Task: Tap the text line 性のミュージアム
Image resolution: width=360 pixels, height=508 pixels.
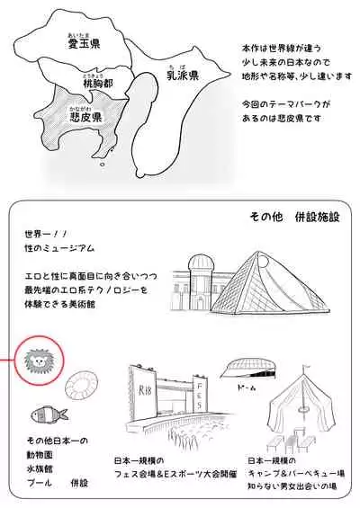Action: [59, 246]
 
